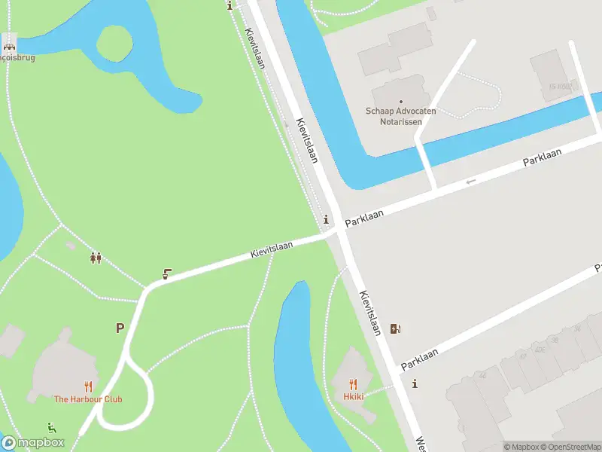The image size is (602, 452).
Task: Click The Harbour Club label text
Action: point(87,399)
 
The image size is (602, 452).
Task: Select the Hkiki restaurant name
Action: point(354,396)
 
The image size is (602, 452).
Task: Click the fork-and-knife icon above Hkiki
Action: point(354,383)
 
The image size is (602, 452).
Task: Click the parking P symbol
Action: point(120,328)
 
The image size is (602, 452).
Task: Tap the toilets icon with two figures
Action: point(96,258)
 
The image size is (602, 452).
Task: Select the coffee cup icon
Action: point(167,275)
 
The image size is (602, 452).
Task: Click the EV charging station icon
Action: point(395,328)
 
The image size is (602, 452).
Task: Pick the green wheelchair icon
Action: point(51,428)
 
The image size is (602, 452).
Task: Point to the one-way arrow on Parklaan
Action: point(471,181)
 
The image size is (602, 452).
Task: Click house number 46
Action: point(483,375)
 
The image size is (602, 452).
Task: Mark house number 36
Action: point(578,328)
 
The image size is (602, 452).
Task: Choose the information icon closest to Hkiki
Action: point(415,384)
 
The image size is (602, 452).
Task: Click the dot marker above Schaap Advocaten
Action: point(401,101)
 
